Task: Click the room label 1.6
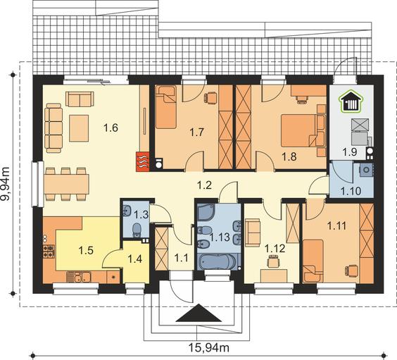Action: pos(111,128)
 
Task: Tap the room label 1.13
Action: pos(220,237)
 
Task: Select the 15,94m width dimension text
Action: pos(209,348)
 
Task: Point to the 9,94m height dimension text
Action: pos(5,184)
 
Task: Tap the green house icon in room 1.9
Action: pos(351,101)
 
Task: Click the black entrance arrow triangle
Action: pos(198,313)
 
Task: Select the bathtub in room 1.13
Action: pos(218,261)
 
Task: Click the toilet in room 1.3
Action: pos(137,230)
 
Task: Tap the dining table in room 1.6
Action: pos(66,184)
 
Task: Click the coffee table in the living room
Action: pos(79,128)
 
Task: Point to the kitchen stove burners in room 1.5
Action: pos(49,252)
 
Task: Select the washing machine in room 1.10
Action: pos(366,170)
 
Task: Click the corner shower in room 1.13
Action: pos(206,212)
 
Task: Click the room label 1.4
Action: pos(135,259)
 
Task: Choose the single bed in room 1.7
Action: pos(165,107)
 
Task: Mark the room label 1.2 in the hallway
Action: pos(205,185)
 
